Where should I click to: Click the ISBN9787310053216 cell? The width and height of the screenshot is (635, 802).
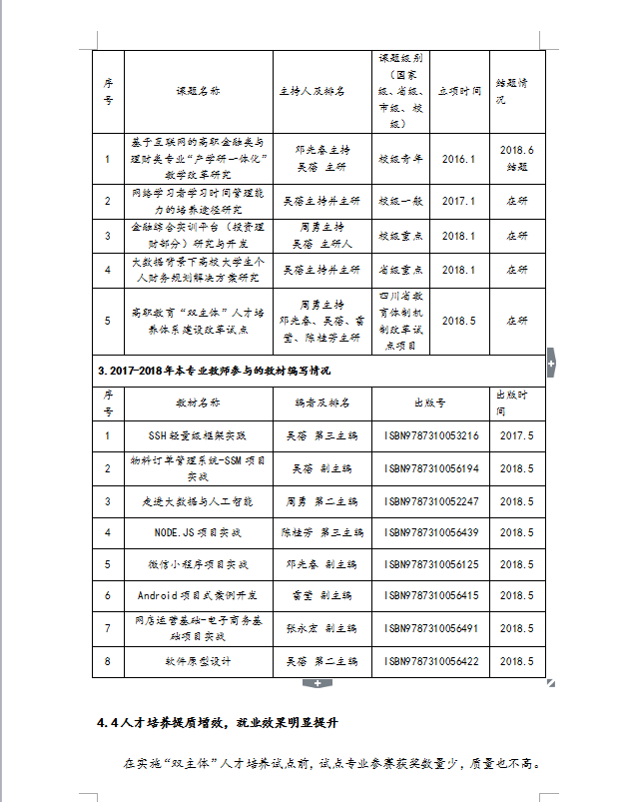click(431, 435)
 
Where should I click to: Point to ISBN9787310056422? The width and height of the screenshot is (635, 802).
click(431, 661)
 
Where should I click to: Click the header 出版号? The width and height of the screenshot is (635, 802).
click(430, 403)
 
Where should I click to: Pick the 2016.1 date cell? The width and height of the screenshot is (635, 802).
click(458, 158)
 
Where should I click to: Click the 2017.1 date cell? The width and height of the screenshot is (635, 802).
click(458, 201)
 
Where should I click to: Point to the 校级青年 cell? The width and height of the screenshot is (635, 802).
click(400, 158)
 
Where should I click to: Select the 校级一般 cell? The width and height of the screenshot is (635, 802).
click(400, 201)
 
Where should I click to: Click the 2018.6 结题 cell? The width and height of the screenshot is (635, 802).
click(516, 158)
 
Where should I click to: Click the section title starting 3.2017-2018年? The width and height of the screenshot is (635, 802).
click(215, 371)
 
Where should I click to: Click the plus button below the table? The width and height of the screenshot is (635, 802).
click(317, 683)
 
